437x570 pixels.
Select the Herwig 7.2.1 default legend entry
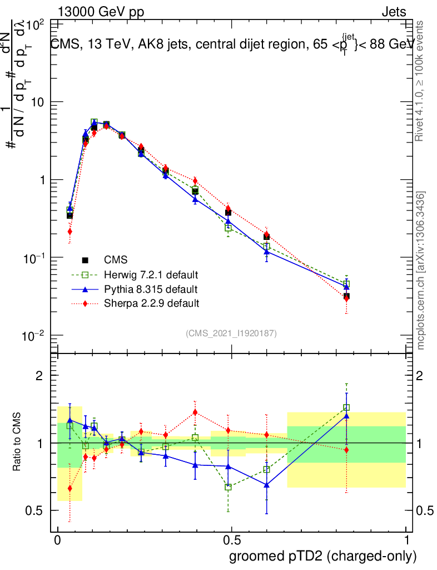pyautogui.click(x=151, y=274)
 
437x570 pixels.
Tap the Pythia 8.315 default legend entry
pyautogui.click(x=150, y=289)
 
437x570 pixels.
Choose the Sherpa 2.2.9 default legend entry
pyautogui.click(x=151, y=303)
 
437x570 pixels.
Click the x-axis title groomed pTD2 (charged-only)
pyautogui.click(x=322, y=556)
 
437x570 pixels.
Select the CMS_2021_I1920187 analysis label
pyautogui.click(x=231, y=333)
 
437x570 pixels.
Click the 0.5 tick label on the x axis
pyautogui.click(x=231, y=540)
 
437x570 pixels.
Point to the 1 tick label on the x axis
pyautogui.click(x=406, y=540)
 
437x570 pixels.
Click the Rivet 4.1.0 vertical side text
pyautogui.click(x=421, y=81)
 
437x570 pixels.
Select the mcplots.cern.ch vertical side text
pyautogui.click(x=421, y=270)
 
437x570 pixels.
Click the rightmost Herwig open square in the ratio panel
pyautogui.click(x=346, y=407)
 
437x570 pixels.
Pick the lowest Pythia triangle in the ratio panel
pyautogui.click(x=267, y=485)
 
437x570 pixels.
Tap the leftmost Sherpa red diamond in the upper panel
pyautogui.click(x=70, y=232)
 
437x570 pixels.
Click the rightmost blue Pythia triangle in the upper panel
pyautogui.click(x=346, y=286)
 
